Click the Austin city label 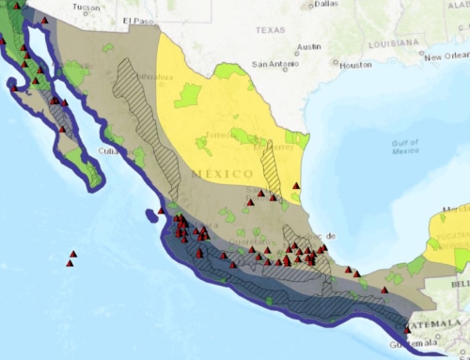click(308, 46)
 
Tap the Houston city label click(356, 65)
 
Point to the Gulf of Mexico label click(406, 146)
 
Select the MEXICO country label click(222, 174)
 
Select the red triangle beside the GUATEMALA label click(408, 328)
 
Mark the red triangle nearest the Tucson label click(17, 8)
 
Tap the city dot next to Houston click(337, 65)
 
